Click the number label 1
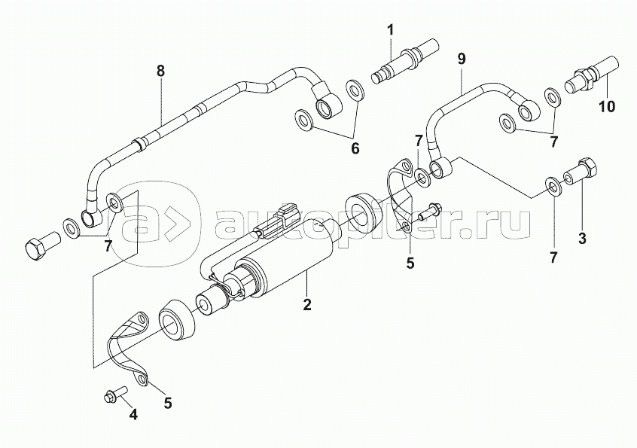click(391, 30)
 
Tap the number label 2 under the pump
click(307, 305)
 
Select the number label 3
click(581, 239)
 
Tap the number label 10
click(606, 107)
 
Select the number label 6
click(355, 149)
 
